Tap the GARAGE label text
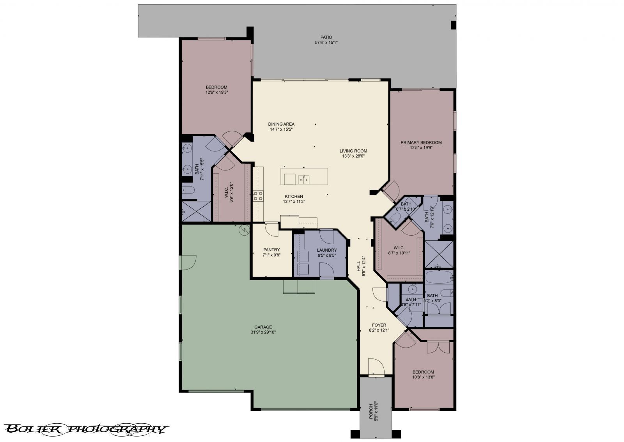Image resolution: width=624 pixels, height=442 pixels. [x=263, y=327]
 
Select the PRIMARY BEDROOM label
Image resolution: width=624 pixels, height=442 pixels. [x=421, y=142]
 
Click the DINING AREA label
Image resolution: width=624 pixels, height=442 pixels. [x=281, y=124]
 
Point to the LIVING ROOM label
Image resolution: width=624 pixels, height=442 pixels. [x=353, y=151]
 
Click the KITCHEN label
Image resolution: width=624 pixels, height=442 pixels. [x=294, y=196]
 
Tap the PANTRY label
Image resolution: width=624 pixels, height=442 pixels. [x=271, y=250]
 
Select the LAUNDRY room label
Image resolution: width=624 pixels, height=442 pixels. [x=326, y=250]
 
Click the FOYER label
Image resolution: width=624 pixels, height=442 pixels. [x=379, y=325]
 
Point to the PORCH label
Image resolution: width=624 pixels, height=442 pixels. [x=371, y=411]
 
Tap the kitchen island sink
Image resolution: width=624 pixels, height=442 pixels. [x=303, y=179]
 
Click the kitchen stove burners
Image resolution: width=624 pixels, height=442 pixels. [x=258, y=196]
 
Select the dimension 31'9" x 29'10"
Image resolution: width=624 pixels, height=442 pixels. [x=263, y=332]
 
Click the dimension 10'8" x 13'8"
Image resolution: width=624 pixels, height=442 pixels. [x=423, y=377]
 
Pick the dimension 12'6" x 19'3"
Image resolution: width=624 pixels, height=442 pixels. [x=216, y=92]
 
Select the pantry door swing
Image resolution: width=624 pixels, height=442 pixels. [x=271, y=229]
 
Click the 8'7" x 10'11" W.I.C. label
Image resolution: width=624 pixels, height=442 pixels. [x=399, y=250]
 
